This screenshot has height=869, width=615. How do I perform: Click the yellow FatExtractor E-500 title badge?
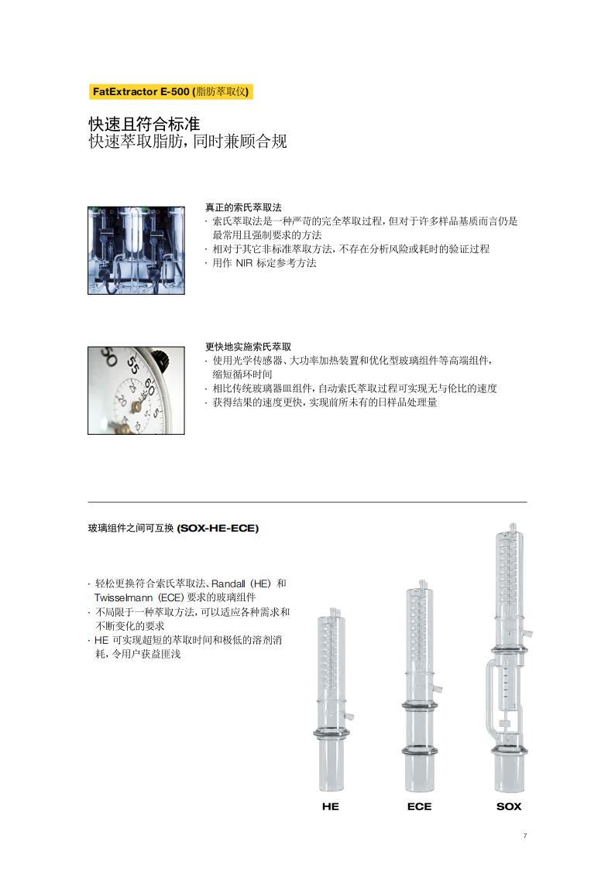point(171,91)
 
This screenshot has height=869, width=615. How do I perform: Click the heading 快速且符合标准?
point(144,124)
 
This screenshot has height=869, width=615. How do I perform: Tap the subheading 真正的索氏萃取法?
point(243,207)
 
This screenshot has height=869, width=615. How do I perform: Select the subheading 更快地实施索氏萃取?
point(249,347)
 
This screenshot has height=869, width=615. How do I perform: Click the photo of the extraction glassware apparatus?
point(136,251)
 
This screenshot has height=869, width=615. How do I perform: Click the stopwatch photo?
point(136,391)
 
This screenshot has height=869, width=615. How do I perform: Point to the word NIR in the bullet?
point(244,263)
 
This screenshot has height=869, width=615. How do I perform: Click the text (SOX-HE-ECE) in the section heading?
point(218,529)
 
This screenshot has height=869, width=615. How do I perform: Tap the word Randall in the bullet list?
point(228,583)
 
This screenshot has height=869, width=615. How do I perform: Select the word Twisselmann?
point(123,597)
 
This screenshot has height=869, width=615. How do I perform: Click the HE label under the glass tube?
point(331,806)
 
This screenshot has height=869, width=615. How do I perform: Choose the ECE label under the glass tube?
point(419,806)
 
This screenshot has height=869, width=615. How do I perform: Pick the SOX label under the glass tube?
point(509,806)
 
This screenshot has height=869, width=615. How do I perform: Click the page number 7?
point(525,836)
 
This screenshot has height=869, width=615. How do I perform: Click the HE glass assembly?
point(332,700)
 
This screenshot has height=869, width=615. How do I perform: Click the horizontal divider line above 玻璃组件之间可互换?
point(307,502)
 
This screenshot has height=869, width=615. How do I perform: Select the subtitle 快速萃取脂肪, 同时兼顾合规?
point(188,142)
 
